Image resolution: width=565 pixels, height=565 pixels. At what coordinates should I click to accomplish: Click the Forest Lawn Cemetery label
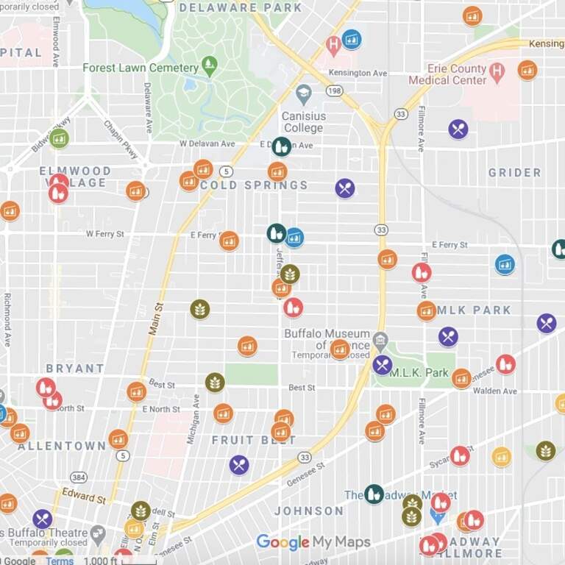click(140, 68)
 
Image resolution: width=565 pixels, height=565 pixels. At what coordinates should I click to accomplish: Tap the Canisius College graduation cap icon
click(303, 94)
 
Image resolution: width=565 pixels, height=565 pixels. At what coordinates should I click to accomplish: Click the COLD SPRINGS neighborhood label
click(255, 185)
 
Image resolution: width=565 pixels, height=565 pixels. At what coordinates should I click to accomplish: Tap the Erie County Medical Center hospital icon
click(497, 72)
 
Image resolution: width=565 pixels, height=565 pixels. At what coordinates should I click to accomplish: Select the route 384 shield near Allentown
click(79, 477)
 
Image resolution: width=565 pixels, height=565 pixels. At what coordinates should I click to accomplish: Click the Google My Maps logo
click(313, 543)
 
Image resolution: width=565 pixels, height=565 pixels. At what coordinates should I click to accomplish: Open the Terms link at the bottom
click(60, 561)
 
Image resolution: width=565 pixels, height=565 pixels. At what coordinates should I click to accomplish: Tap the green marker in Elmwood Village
click(59, 138)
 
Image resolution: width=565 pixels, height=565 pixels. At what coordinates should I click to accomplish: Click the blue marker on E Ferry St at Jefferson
click(294, 238)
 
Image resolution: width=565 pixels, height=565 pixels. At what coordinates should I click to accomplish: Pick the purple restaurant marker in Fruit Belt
click(239, 465)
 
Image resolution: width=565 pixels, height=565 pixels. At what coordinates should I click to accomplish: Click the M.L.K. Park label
click(419, 373)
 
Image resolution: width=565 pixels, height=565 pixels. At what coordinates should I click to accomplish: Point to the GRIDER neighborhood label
click(514, 173)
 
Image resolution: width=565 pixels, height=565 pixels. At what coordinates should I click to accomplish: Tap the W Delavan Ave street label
click(207, 143)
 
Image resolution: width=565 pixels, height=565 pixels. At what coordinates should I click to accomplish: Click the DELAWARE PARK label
click(241, 7)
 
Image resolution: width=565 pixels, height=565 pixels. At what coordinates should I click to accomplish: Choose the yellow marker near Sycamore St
click(502, 457)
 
